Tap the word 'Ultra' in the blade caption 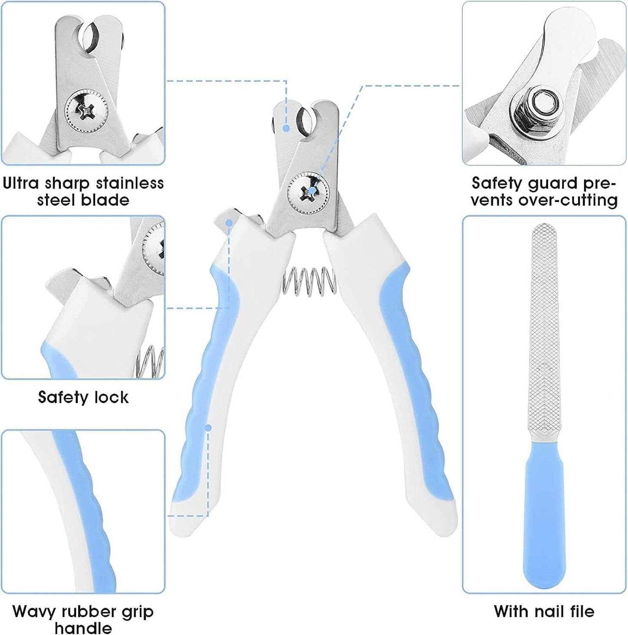point(21,183)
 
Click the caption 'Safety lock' point(83,397)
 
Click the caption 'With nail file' point(544,612)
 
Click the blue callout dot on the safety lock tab point(229,223)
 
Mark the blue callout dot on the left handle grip point(208,428)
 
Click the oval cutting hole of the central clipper point(304,122)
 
